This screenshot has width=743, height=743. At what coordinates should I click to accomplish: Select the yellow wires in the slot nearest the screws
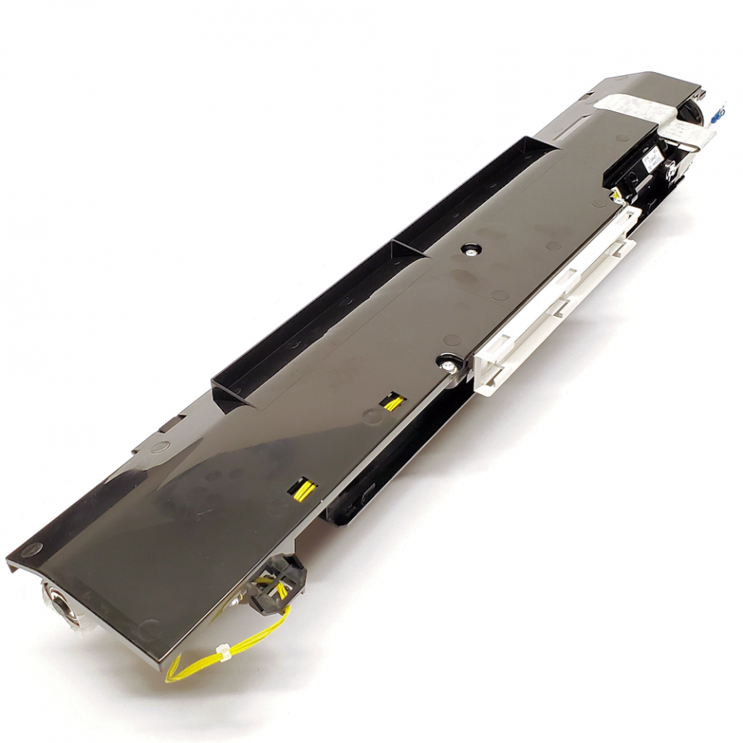pos(392,402)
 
